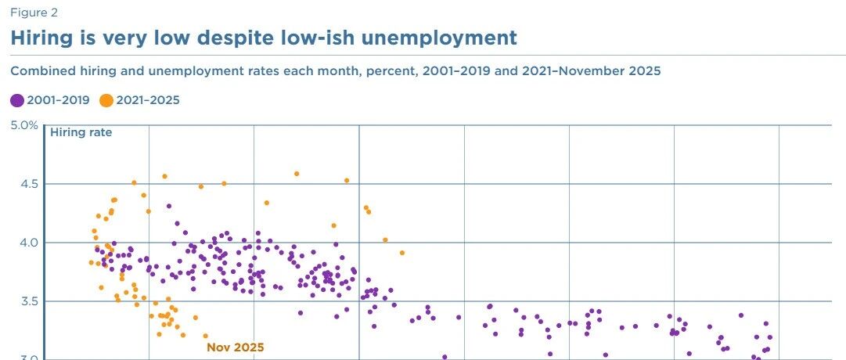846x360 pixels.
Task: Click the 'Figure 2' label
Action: pos(34,13)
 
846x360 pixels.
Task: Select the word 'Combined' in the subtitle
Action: pos(38,71)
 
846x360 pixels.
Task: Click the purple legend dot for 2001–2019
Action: pos(17,100)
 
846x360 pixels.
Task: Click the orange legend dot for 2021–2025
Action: pos(106,100)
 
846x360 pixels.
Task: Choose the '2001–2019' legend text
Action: pos(58,100)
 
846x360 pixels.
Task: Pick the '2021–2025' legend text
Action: pos(148,100)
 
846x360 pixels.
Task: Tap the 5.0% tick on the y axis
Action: pos(24,126)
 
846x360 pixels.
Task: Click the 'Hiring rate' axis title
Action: pos(81,132)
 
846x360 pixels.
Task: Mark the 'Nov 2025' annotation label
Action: pos(236,347)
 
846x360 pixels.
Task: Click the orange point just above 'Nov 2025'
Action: pos(205,336)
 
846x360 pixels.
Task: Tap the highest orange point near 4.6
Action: pos(296,174)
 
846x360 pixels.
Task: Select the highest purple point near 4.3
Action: pos(169,206)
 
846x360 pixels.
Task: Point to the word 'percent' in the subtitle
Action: pos(385,71)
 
